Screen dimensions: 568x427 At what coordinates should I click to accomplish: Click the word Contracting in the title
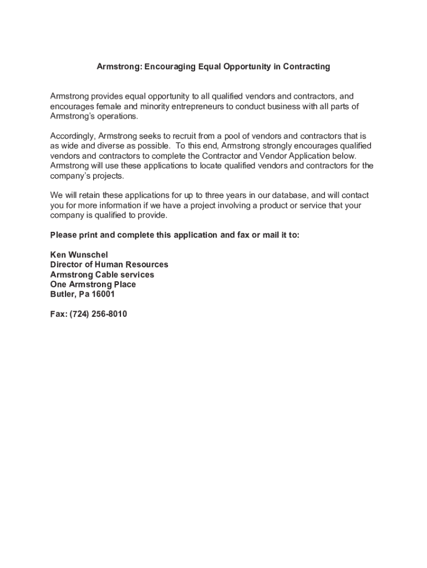(306, 67)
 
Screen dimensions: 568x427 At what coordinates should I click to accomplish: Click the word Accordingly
(72, 136)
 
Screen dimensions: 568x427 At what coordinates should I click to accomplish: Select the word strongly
(270, 146)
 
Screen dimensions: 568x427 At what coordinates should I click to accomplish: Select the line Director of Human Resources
(109, 265)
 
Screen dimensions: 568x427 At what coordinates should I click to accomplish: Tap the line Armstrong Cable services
(102, 275)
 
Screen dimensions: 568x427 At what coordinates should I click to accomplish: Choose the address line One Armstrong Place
(93, 285)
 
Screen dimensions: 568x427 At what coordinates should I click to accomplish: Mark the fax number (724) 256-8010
(98, 315)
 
